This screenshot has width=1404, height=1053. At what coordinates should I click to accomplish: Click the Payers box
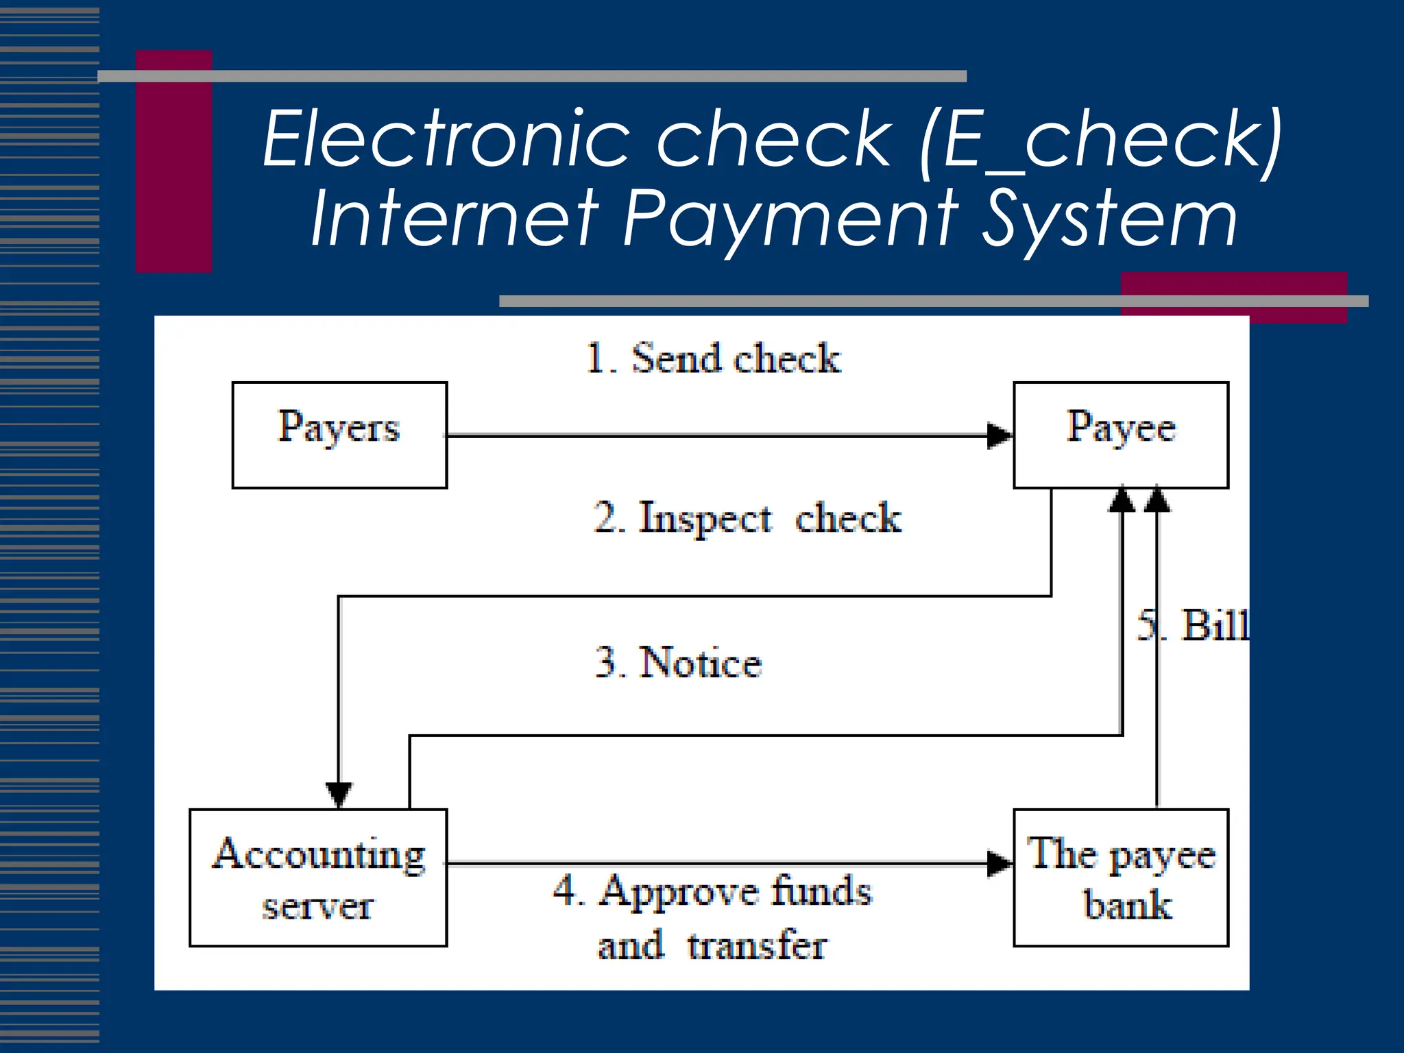click(339, 435)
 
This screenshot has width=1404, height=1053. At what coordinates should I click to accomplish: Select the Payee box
click(1120, 435)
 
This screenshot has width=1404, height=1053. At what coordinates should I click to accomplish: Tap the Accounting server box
click(318, 877)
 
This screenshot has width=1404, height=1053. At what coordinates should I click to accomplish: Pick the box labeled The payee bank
click(1120, 877)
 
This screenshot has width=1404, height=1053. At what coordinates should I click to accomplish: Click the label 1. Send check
click(713, 359)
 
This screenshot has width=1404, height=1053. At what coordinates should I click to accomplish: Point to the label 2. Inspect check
click(747, 518)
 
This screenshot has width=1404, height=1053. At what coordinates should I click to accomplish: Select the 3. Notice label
click(679, 663)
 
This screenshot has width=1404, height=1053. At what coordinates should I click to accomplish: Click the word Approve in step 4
click(678, 892)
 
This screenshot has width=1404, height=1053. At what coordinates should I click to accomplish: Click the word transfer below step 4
click(757, 946)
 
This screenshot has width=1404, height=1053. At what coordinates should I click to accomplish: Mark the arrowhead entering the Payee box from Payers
click(1000, 435)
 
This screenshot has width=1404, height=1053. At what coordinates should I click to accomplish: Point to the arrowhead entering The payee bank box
click(1000, 864)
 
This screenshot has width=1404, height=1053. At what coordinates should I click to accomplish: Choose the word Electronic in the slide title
click(446, 140)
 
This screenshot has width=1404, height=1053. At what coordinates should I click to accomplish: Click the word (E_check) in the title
click(1101, 140)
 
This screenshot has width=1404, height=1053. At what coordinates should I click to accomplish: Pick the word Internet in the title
click(455, 219)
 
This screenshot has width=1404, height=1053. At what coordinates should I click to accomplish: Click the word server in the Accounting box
click(318, 906)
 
